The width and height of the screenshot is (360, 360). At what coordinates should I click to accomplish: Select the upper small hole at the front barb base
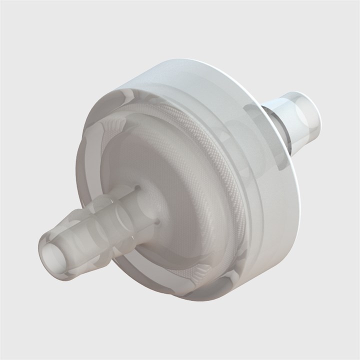(x=136, y=188)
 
